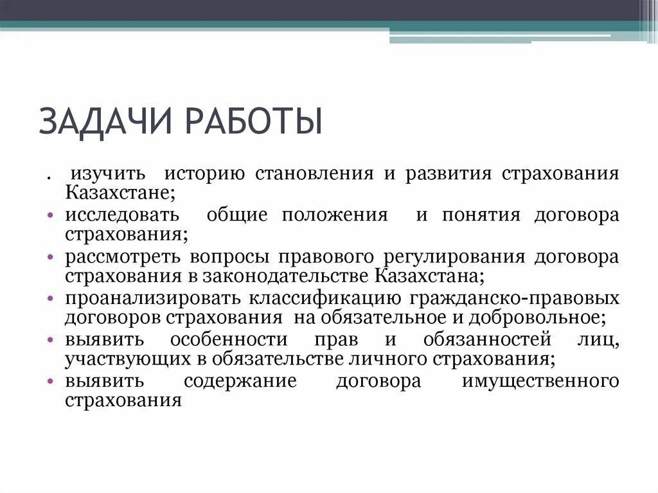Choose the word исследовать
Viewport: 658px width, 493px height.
click(122, 215)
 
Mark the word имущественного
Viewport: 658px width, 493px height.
click(540, 381)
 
